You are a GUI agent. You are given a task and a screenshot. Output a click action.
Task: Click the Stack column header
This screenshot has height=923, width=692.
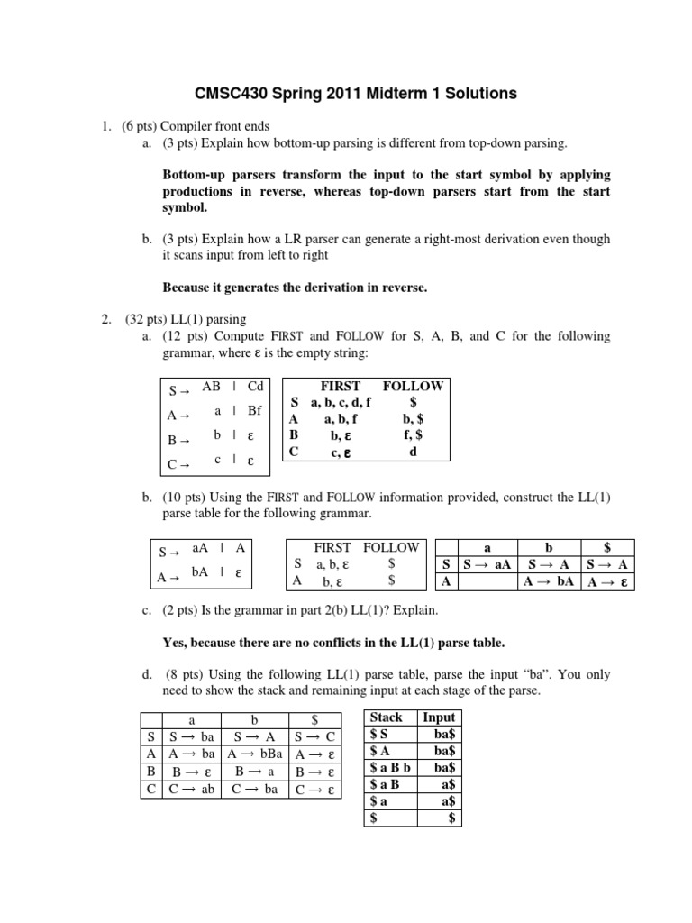pos(387,717)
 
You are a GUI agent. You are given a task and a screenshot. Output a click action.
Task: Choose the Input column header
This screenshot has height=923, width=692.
pos(439,717)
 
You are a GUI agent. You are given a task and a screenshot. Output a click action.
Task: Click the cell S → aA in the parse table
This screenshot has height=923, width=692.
pos(487,564)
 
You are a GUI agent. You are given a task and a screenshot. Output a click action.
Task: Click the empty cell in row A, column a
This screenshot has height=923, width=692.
pos(487,581)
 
